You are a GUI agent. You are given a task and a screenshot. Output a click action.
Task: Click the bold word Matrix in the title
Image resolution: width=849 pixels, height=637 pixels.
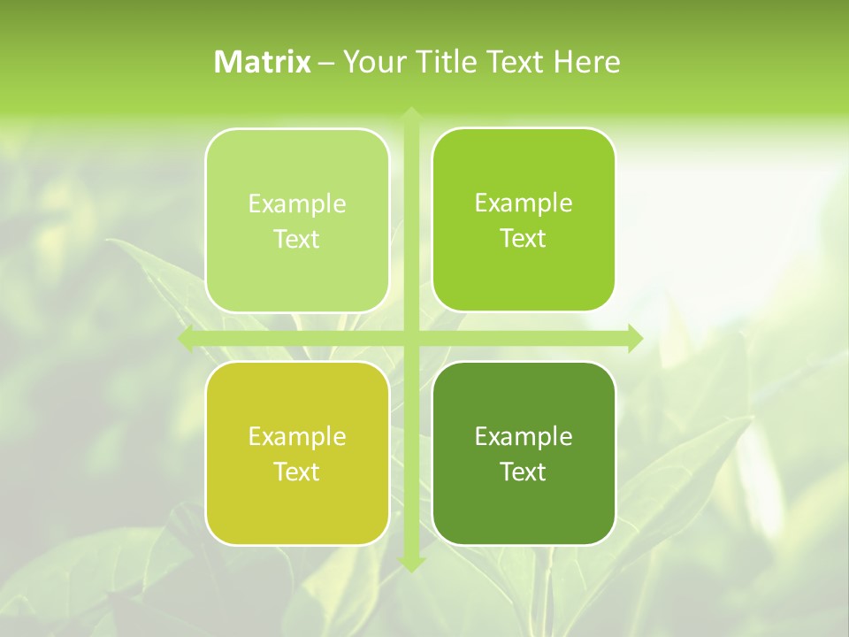point(262,62)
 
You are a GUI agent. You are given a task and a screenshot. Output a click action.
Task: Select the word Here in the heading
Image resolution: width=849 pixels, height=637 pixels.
point(587,62)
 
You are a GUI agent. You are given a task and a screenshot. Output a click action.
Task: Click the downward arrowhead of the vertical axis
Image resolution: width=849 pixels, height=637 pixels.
point(410,563)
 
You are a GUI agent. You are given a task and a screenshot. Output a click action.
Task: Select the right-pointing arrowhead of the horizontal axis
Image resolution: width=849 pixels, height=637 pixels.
point(634,339)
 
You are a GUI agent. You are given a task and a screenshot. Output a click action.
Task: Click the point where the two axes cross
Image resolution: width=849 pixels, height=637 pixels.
point(410,339)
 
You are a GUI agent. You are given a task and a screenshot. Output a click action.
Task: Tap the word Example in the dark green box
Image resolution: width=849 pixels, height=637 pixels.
point(524,436)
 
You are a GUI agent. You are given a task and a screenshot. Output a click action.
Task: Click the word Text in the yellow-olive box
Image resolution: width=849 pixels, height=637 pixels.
point(297,472)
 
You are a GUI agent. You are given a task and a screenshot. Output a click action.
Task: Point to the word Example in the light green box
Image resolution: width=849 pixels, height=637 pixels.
point(297,203)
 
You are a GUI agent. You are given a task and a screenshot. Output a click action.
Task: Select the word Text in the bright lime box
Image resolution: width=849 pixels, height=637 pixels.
point(524,238)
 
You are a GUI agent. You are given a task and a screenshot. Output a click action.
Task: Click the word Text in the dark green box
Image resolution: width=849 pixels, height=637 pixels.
point(524,472)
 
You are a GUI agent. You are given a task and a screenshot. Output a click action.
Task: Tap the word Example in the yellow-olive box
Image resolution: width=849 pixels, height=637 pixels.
point(297,436)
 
